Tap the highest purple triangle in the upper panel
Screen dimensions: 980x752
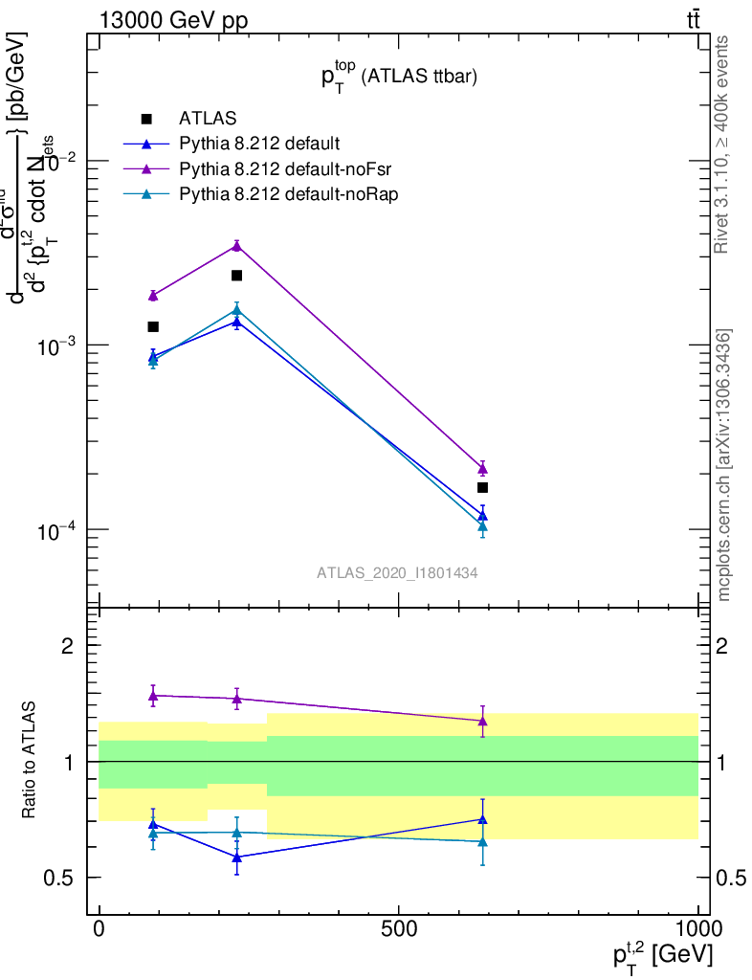point(236,246)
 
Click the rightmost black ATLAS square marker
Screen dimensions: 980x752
point(483,487)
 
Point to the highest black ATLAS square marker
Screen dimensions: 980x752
point(236,276)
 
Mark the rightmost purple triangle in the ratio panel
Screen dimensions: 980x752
point(483,721)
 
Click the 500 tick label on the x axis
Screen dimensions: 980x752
point(398,928)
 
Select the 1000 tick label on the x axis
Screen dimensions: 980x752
point(697,928)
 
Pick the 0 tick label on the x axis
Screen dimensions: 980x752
point(100,928)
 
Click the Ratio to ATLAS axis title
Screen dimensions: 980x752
point(32,761)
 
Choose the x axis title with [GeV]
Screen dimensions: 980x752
point(663,954)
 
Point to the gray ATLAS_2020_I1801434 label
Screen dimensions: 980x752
point(397,572)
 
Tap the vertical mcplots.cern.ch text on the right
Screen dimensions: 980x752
point(724,465)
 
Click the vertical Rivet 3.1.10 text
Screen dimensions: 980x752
point(724,144)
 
